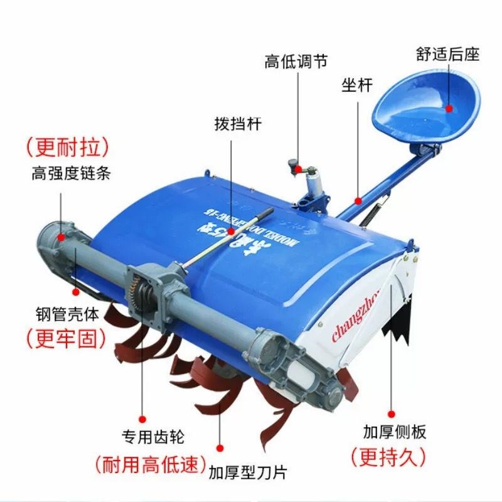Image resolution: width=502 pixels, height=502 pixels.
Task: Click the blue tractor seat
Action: [427, 107]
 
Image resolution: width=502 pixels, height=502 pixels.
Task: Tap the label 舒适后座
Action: [447, 55]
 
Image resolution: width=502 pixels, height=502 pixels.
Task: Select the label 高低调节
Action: [296, 61]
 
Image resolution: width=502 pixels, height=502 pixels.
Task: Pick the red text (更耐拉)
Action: [68, 147]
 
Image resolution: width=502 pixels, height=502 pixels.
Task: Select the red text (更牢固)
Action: [65, 339]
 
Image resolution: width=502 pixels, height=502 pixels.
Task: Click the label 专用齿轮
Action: [152, 436]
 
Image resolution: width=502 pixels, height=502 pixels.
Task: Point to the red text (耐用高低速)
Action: [151, 464]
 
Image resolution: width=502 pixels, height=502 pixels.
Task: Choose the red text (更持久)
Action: [388, 457]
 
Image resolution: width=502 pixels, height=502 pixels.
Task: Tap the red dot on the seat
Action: [450, 108]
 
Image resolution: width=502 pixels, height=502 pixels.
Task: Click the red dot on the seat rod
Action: [358, 200]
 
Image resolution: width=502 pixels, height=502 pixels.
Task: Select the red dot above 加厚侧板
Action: [392, 414]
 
